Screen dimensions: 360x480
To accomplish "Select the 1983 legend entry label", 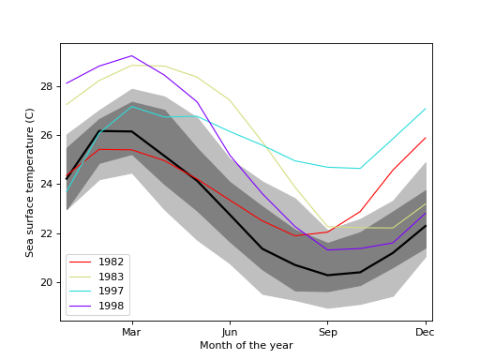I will pos(112,277).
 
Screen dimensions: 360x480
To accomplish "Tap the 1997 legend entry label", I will pos(112,292).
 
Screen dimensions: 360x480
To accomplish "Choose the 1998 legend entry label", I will pos(112,306).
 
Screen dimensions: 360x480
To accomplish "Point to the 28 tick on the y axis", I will pos(47,86).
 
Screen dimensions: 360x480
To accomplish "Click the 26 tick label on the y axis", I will pos(47,135).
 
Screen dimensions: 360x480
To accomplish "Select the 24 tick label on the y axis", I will pos(47,185).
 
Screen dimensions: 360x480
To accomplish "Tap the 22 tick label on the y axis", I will pos(47,233).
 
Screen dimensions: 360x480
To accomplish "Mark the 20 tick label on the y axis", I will pos(47,282).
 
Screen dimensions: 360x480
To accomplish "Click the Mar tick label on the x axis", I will pos(131,332).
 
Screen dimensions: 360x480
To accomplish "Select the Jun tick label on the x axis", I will pos(230,332).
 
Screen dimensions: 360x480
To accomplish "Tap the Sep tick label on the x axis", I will pos(327,332).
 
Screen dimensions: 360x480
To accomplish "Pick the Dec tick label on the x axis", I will pos(425,332).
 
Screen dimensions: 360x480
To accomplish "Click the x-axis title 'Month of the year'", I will pos(246,346).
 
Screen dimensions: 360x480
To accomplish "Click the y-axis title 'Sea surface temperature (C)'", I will pos(30,182).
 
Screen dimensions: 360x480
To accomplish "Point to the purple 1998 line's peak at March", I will pos(131,55).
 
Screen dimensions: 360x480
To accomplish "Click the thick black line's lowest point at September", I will pos(327,275).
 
